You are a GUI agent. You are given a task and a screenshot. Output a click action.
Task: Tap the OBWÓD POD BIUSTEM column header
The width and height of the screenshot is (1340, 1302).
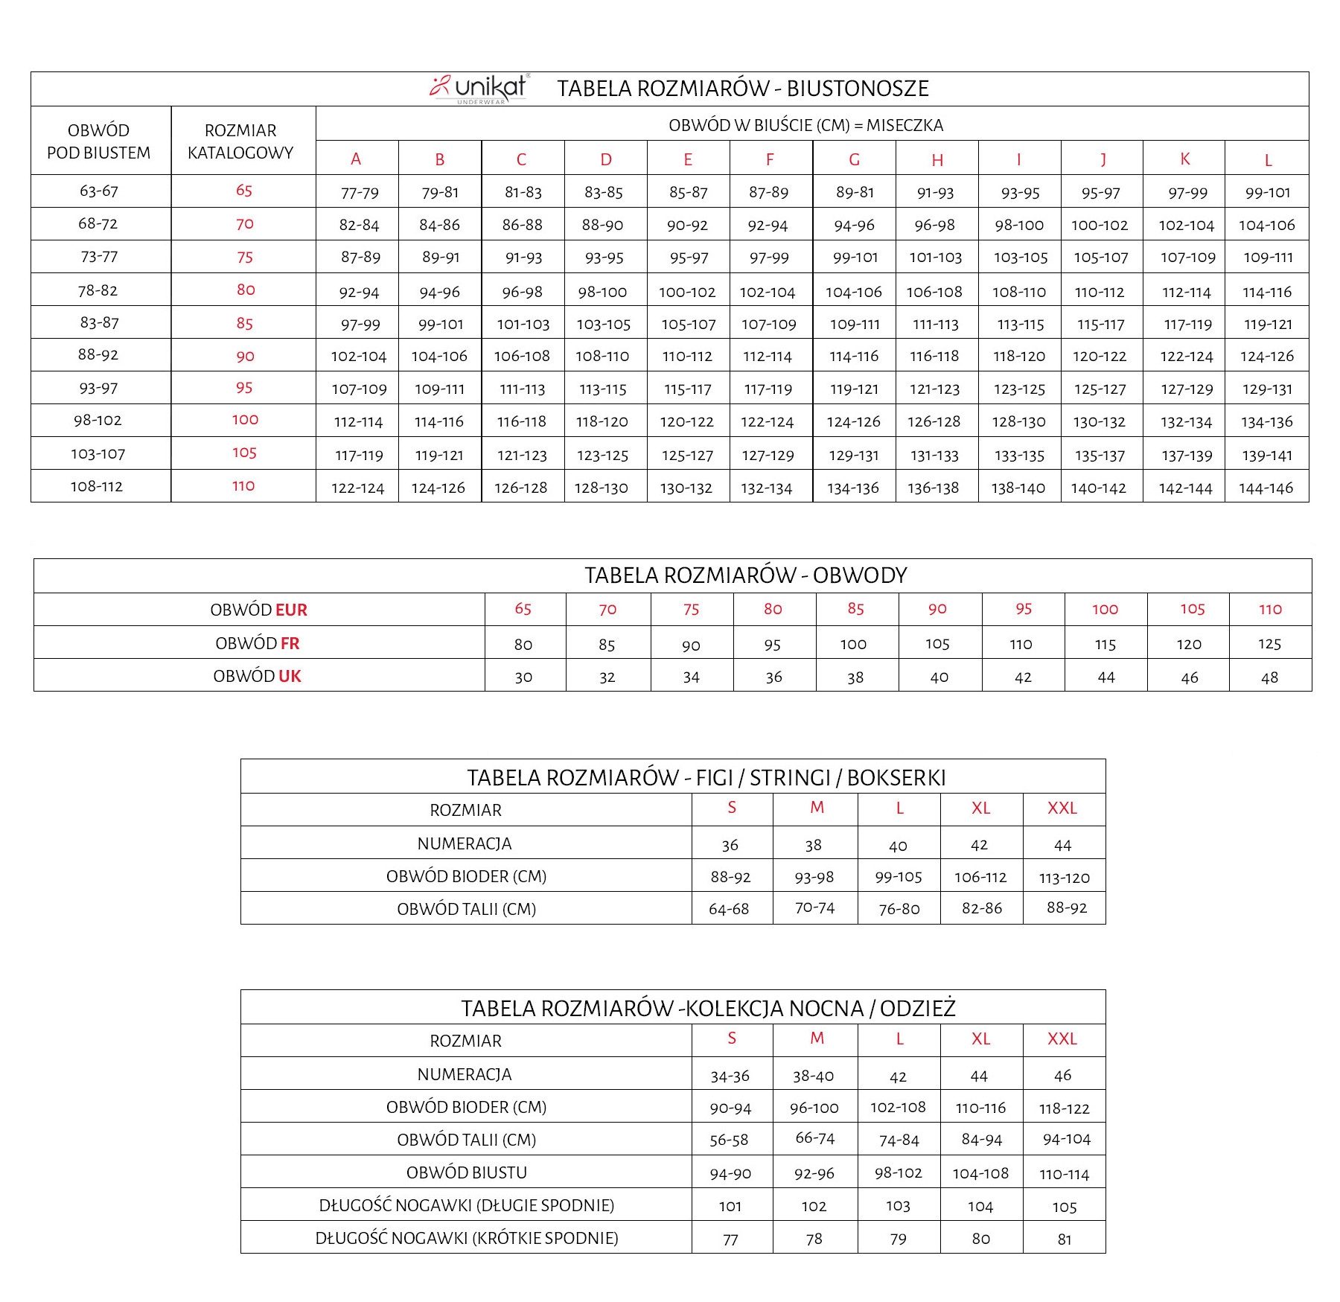pyautogui.click(x=99, y=141)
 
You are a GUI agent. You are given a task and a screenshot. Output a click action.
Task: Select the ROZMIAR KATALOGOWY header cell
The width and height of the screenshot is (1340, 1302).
pyautogui.click(x=240, y=141)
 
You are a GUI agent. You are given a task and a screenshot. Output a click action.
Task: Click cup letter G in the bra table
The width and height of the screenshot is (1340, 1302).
pyautogui.click(x=854, y=159)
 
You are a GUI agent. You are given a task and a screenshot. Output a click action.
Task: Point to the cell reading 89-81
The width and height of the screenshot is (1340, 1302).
pyautogui.click(x=855, y=192)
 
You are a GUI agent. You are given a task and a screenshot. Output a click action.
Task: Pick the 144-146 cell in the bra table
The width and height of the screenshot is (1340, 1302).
pyautogui.click(x=1266, y=488)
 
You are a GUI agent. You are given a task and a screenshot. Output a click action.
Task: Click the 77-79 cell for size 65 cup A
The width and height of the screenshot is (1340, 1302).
pyautogui.click(x=360, y=193)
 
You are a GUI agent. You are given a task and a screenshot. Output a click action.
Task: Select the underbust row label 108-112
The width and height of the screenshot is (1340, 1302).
pyautogui.click(x=97, y=486)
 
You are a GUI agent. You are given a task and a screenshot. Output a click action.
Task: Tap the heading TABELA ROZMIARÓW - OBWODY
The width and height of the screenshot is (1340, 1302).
pyautogui.click(x=745, y=575)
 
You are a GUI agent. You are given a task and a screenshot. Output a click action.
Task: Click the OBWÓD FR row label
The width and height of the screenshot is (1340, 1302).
pyautogui.click(x=258, y=643)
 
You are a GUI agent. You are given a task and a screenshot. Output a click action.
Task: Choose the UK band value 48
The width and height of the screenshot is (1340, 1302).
pyautogui.click(x=1269, y=677)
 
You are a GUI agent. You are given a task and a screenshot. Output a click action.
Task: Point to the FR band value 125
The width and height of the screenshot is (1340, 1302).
pyautogui.click(x=1269, y=644)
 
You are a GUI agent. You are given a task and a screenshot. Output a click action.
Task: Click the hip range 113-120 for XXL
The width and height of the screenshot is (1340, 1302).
pyautogui.click(x=1064, y=878)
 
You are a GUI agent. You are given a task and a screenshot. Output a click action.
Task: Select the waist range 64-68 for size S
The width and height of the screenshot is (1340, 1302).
pyautogui.click(x=729, y=909)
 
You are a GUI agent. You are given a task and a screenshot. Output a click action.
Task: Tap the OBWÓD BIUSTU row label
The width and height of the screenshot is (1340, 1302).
pyautogui.click(x=467, y=1172)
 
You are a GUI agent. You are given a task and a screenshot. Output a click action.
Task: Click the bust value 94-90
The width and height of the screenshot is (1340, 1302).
pyautogui.click(x=730, y=1174)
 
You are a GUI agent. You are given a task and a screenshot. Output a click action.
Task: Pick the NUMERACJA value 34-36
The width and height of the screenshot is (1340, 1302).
pyautogui.click(x=730, y=1076)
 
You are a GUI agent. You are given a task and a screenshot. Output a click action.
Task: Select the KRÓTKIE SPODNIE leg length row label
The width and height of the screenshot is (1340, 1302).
pyautogui.click(x=467, y=1238)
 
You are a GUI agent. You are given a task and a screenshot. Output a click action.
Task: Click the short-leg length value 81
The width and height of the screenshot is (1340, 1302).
pyautogui.click(x=1064, y=1239)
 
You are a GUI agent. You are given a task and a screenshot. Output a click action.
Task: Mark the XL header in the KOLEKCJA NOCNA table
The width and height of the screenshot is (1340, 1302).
pyautogui.click(x=980, y=1038)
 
